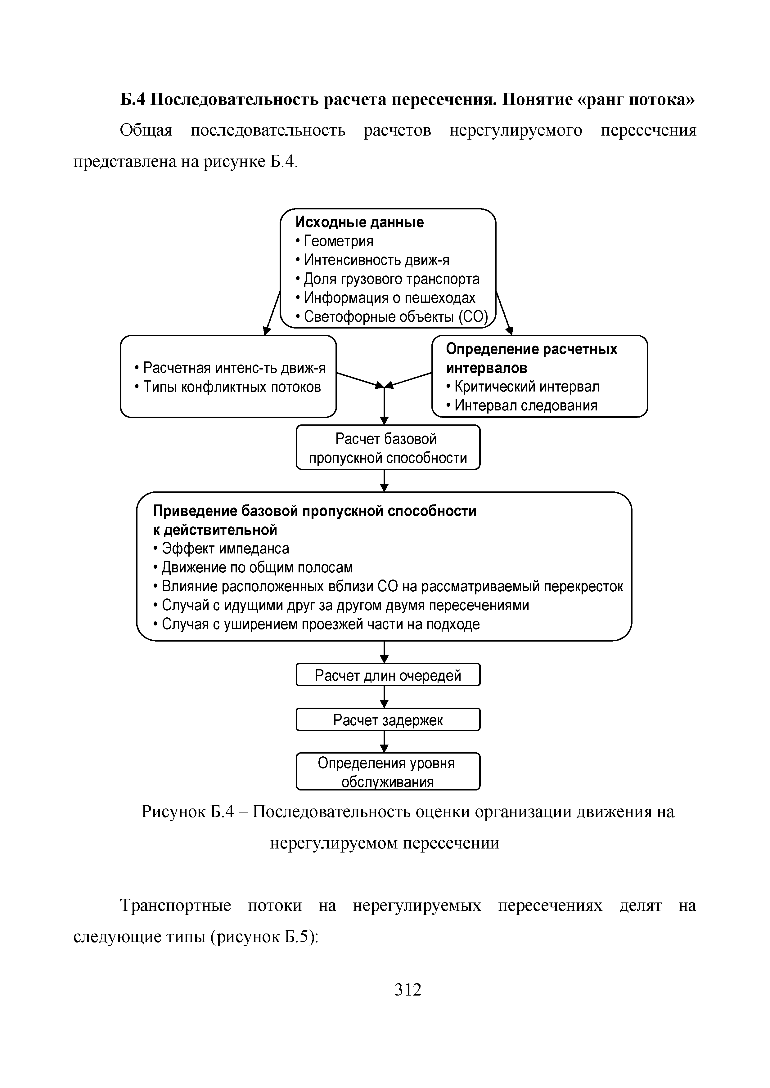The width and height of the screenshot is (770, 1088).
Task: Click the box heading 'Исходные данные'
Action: click(x=359, y=222)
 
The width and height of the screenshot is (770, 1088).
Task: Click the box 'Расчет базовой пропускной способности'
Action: click(x=388, y=448)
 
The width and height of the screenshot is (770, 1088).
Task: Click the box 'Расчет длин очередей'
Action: click(x=388, y=675)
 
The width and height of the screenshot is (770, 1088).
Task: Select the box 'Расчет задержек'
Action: click(x=388, y=720)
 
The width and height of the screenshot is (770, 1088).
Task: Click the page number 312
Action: click(x=408, y=990)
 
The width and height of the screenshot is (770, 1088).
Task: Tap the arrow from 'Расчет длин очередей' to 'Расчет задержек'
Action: click(x=385, y=697)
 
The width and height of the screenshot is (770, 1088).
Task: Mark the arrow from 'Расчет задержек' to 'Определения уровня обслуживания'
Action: click(x=385, y=742)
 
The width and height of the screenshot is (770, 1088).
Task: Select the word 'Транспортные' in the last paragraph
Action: click(x=175, y=906)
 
